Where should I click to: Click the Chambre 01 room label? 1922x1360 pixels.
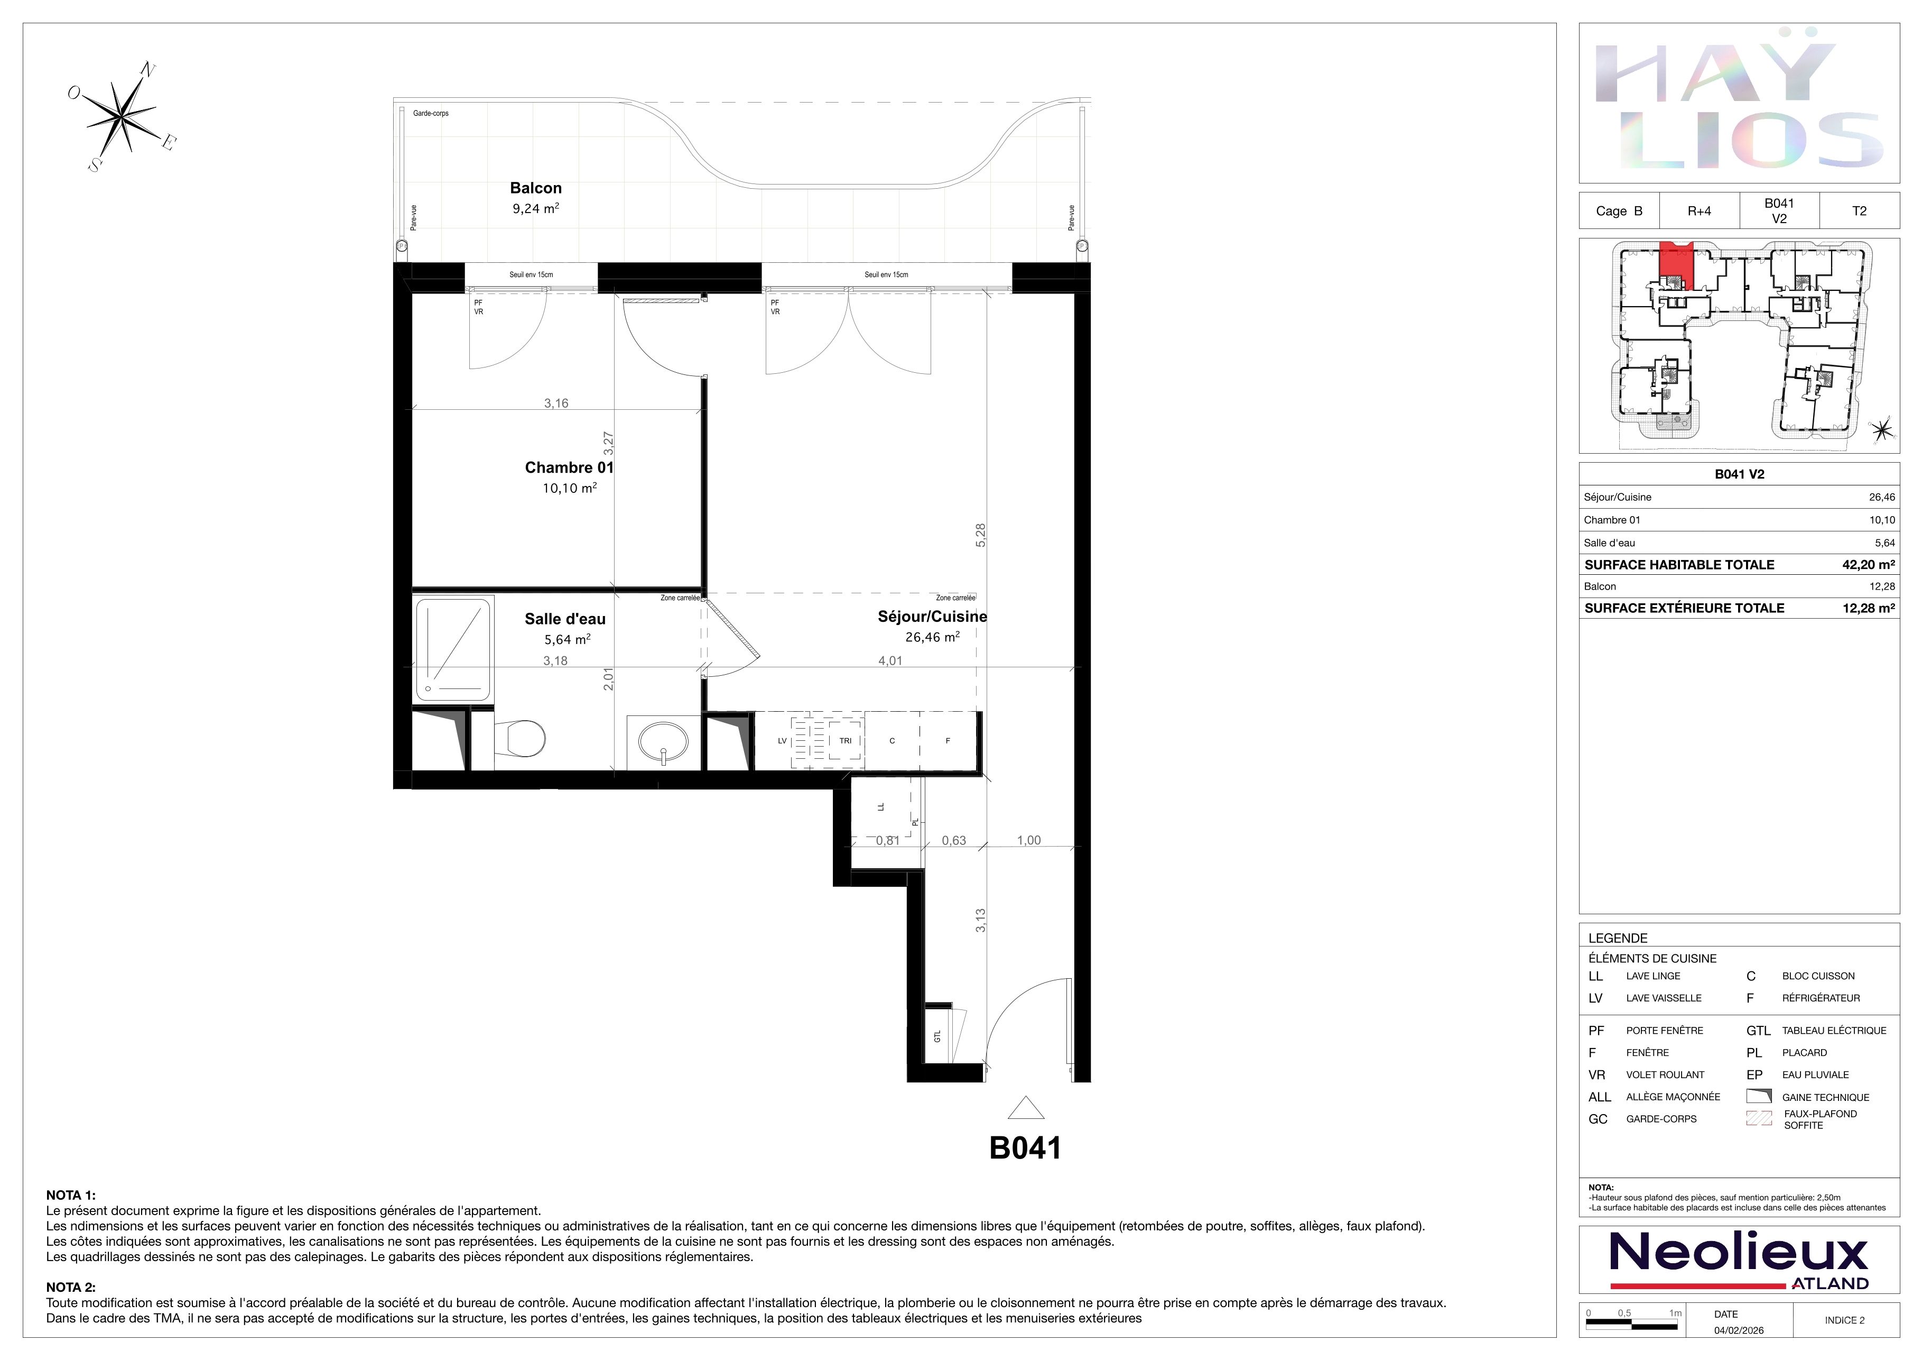[x=569, y=467]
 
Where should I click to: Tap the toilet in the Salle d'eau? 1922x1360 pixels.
[x=520, y=739]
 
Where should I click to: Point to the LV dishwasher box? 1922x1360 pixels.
[x=782, y=740]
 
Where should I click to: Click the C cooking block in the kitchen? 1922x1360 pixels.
[x=893, y=740]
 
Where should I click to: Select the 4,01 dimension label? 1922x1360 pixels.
[x=890, y=661]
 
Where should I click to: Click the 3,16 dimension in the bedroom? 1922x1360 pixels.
[x=556, y=403]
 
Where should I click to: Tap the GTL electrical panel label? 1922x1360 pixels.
[x=937, y=1036]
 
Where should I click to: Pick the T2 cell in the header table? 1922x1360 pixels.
[x=1859, y=211]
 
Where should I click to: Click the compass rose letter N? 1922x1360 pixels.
[x=147, y=69]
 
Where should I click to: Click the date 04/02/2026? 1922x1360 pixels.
[x=1739, y=1330]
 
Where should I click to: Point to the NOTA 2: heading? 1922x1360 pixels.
[x=71, y=1287]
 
